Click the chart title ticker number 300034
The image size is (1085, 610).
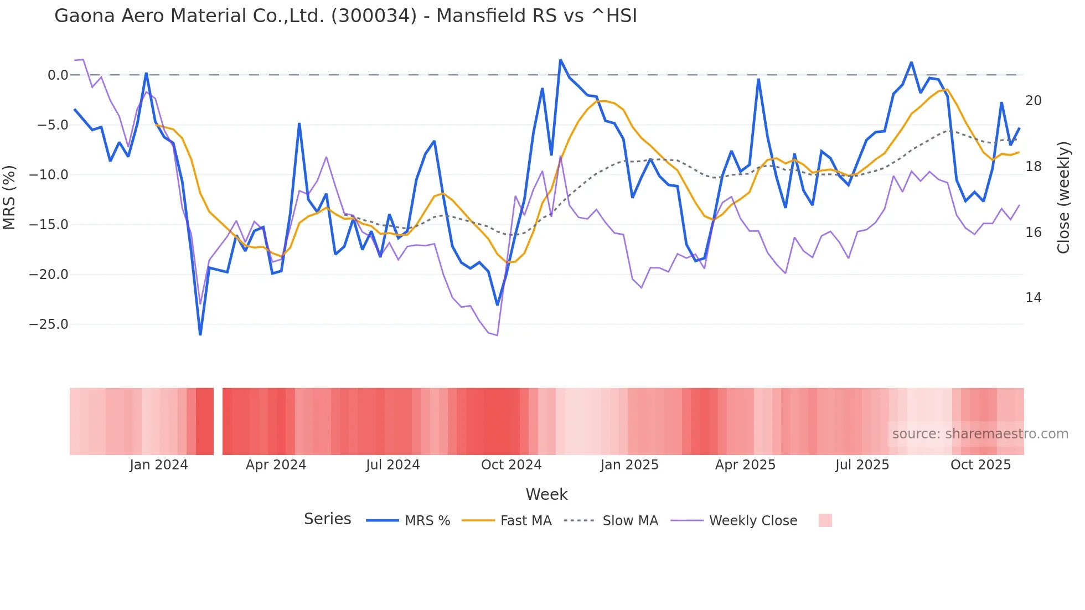pos(374,16)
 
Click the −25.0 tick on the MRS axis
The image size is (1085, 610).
pos(49,324)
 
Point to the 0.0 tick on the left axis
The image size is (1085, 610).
pos(58,75)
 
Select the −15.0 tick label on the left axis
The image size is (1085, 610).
pos(49,225)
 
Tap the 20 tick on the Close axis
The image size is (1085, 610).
pos(1033,101)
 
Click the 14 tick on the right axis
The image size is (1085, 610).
pos(1033,298)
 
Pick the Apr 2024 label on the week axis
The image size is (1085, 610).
pos(276,465)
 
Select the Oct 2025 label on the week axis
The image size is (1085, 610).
pos(980,465)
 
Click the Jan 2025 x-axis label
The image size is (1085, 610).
pos(629,465)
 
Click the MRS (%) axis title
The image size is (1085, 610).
pos(9,198)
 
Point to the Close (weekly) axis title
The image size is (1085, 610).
pos(1063,198)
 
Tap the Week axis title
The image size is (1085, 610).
pos(546,494)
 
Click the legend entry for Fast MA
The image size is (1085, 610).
pos(525,521)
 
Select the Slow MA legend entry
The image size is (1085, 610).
pos(630,521)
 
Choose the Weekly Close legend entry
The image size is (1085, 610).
pos(753,521)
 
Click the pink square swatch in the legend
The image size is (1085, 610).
pos(825,520)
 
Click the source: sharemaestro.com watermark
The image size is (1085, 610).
pos(980,434)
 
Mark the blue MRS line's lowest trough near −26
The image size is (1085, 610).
pos(200,334)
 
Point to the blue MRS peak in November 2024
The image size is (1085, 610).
pos(560,60)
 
